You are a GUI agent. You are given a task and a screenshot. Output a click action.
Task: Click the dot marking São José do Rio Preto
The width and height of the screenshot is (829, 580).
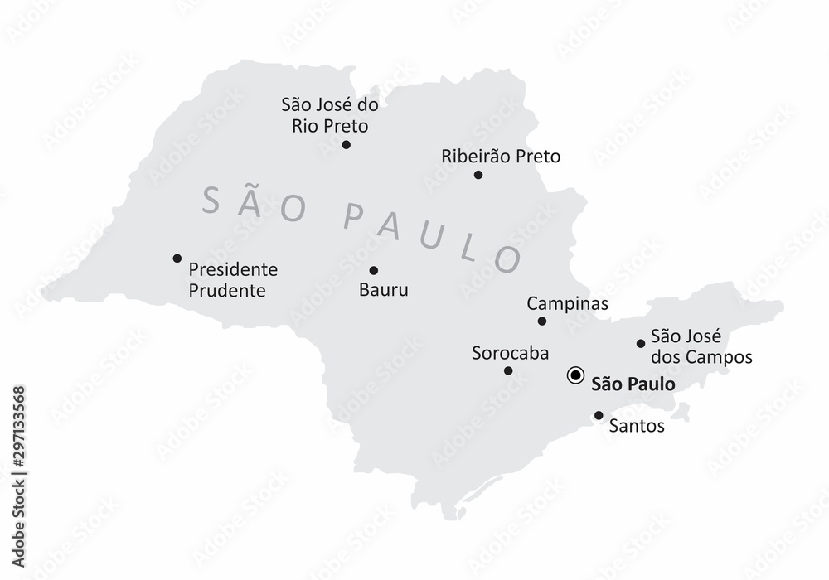click(346, 145)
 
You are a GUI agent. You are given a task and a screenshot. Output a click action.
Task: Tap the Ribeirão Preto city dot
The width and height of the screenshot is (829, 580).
click(478, 175)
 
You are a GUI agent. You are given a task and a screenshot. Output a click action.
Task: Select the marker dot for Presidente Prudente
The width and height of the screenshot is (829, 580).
click(177, 259)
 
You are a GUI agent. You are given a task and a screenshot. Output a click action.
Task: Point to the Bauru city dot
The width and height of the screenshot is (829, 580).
click(374, 270)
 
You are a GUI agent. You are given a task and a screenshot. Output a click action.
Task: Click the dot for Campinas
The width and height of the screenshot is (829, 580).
click(542, 321)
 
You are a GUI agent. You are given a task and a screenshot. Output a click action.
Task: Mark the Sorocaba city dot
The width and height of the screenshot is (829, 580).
click(508, 370)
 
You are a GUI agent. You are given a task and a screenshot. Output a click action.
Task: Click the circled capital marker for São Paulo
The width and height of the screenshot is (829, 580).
click(574, 376)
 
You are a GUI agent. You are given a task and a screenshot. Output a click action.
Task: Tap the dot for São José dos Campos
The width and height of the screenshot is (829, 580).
click(641, 343)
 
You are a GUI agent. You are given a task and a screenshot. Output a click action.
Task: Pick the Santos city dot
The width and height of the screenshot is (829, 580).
click(599, 415)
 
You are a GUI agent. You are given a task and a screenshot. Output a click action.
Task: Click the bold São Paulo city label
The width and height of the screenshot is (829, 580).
click(633, 384)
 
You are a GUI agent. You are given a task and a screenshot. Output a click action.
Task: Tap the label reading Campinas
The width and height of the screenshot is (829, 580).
click(568, 304)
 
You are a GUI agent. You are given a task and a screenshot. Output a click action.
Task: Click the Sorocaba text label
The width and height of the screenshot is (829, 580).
click(510, 353)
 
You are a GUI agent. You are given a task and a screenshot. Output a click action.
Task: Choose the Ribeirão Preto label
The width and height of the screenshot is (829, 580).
click(501, 156)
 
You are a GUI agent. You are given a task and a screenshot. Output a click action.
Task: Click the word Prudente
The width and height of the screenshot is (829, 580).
click(227, 291)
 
